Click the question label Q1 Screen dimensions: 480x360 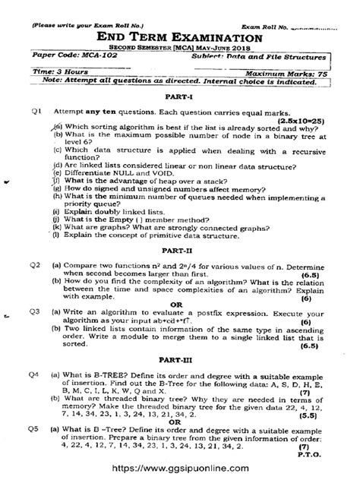tap(36, 112)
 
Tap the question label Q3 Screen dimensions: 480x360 tap(35, 311)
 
